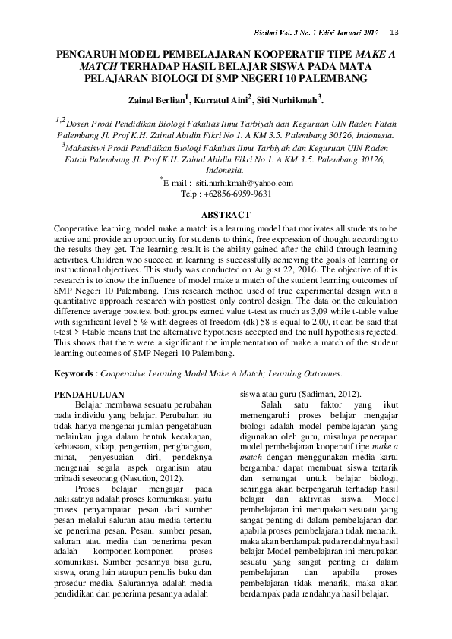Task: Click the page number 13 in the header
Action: [394, 33]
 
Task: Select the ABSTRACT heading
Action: [226, 215]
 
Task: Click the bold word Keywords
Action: [77, 373]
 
